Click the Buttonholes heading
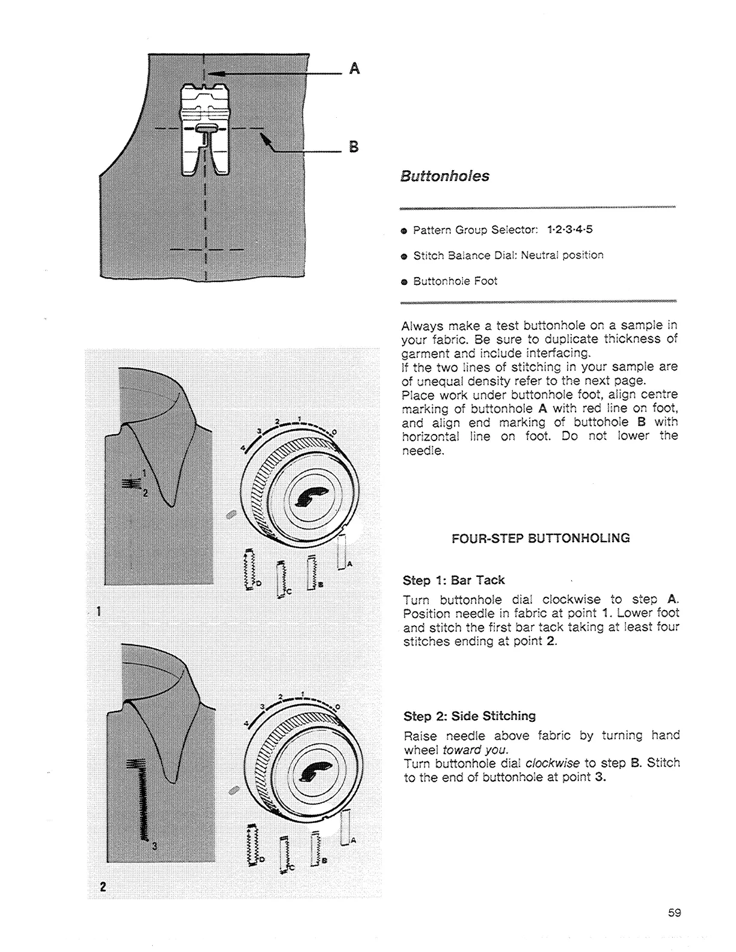coord(444,177)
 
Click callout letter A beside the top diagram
coord(355,69)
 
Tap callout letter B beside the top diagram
coord(354,147)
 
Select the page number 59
coord(674,912)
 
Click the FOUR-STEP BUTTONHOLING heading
coord(541,538)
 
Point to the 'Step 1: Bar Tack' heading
coord(453,581)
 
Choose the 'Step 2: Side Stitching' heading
coord(469,716)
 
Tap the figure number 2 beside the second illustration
coord(103,887)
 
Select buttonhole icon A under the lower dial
coord(346,828)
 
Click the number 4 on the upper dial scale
coord(243,448)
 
